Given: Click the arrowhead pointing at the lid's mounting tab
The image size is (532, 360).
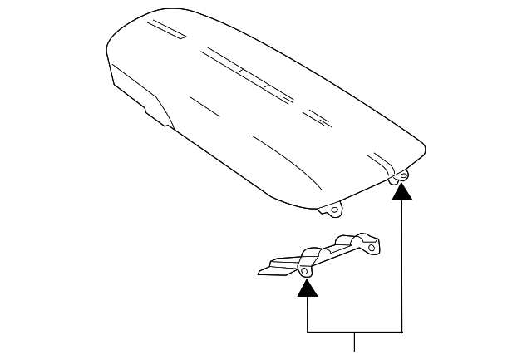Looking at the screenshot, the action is (402, 192).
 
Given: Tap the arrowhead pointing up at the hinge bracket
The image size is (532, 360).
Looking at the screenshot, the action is (308, 288).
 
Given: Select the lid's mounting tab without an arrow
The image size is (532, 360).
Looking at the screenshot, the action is (333, 208).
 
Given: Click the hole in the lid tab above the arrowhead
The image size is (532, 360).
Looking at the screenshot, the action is (402, 176).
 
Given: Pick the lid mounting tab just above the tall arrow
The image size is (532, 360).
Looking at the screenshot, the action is (400, 175).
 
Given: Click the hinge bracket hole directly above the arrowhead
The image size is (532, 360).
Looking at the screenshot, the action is (306, 271).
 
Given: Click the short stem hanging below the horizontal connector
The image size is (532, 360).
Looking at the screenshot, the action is (356, 342).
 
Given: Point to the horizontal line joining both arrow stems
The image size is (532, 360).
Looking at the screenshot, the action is (356, 333).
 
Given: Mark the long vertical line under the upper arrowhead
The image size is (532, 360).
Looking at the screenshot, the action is (402, 266).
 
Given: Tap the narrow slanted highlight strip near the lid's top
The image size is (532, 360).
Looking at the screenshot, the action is (171, 32).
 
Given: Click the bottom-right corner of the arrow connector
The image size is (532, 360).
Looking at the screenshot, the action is (402, 333).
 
